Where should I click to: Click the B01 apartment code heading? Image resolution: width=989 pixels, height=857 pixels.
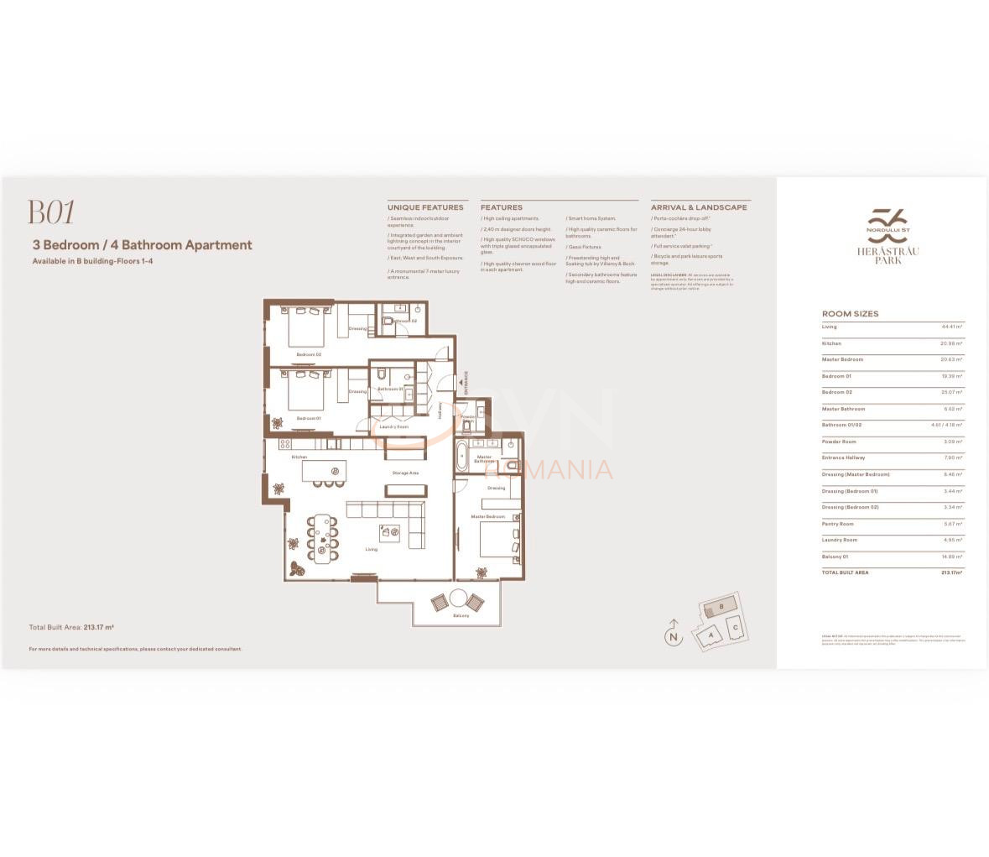(x=51, y=213)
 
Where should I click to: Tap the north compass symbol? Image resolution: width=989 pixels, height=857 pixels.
(x=673, y=635)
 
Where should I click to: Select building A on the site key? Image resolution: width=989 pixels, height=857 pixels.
(x=711, y=635)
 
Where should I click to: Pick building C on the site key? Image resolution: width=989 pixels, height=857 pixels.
(x=735, y=627)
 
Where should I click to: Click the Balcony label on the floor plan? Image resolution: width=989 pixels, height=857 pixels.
(x=461, y=616)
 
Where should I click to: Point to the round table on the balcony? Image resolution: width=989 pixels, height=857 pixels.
(x=458, y=598)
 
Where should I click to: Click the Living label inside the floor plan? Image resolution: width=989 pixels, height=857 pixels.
(x=371, y=550)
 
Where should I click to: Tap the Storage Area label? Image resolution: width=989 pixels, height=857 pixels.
(x=405, y=473)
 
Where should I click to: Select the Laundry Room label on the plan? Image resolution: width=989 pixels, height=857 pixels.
(x=393, y=427)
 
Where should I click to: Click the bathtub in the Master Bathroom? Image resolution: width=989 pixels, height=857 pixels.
(x=462, y=457)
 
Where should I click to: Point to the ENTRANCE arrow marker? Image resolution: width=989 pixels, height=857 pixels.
(x=461, y=384)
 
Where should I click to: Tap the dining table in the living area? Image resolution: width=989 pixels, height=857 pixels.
(x=322, y=538)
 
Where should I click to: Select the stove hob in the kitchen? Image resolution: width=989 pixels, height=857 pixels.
(x=284, y=443)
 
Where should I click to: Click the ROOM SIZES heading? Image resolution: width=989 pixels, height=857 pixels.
(x=850, y=314)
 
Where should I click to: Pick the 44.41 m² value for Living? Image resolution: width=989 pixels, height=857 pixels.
(x=951, y=327)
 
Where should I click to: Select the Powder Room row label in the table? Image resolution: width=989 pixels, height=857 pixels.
(x=839, y=442)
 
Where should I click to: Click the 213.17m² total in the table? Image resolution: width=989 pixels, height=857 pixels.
(x=951, y=572)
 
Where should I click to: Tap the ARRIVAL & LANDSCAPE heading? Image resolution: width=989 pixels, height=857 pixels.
(x=699, y=207)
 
